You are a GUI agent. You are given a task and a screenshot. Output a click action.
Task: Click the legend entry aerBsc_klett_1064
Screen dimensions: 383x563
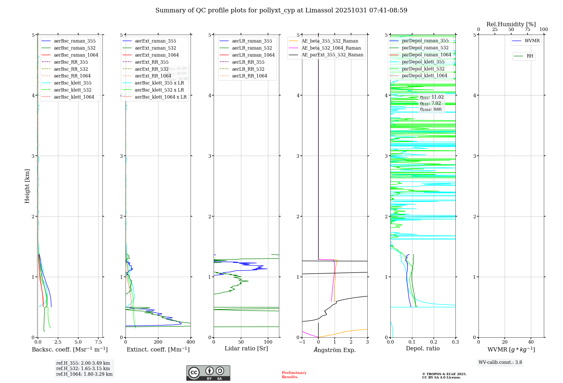pos(74,97)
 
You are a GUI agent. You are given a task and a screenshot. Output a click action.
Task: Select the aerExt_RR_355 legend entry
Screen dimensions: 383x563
pos(151,62)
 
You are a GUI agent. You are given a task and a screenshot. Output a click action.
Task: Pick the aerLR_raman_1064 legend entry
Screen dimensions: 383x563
pos(253,55)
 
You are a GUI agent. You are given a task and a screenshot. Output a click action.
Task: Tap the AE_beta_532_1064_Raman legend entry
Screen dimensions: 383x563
pos(331,48)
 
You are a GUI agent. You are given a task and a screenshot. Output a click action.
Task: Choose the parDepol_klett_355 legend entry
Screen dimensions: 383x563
pos(423,62)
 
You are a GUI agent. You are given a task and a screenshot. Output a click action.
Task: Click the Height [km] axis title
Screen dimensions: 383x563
pos(27,186)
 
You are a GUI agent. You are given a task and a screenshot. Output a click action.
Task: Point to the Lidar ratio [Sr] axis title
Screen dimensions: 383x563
pos(246,348)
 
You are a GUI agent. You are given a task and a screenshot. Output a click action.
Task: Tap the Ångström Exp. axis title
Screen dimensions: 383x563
pos(335,350)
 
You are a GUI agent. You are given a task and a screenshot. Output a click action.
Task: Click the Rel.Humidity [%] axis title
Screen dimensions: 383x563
pos(511,24)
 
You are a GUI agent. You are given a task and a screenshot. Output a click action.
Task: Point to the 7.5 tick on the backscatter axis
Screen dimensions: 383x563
pos(99,342)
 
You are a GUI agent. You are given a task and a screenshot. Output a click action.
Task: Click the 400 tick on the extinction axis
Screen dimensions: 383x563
pos(191,342)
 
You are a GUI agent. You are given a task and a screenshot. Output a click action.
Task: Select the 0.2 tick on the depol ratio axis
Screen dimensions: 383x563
pos(434,342)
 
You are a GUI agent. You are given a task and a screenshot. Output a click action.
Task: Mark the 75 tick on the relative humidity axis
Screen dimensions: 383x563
pos(527,30)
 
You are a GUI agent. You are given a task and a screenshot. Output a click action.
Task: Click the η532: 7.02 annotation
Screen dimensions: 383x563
pos(430,103)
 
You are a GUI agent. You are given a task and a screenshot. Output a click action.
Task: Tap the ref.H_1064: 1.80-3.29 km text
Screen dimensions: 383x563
pos(84,374)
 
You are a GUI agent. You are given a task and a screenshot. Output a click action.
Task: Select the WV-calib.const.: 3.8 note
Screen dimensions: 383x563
pos(500,362)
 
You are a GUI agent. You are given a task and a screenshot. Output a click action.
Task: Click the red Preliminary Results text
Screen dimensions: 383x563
pos(294,375)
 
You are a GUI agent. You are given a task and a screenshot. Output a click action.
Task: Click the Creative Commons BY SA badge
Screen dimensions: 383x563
pos(208,373)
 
